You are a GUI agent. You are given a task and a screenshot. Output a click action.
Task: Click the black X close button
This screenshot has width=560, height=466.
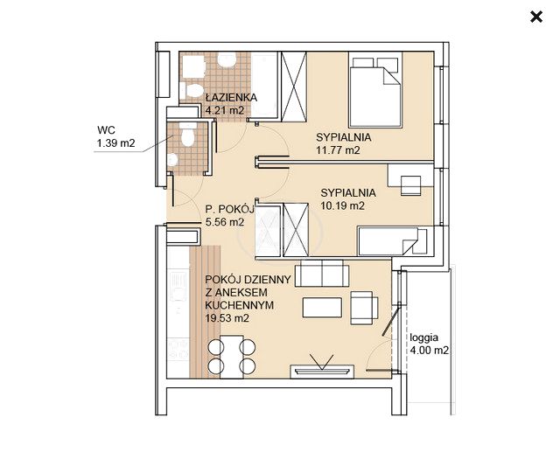536,17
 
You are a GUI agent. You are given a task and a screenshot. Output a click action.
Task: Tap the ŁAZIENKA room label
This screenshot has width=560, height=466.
231,97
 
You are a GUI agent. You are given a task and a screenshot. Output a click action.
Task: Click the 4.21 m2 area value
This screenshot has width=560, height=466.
225,110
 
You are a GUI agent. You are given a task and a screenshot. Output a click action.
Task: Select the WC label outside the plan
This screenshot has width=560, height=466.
106,130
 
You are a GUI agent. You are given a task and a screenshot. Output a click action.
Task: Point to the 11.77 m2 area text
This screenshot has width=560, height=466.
338,150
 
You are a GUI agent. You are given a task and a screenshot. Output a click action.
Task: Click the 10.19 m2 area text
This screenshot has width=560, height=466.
342,205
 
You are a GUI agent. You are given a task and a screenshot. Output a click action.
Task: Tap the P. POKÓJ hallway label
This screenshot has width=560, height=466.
229,209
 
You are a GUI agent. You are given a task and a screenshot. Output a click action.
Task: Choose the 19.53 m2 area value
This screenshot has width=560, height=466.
227,318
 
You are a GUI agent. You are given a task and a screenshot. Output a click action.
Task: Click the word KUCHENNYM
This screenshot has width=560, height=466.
239,305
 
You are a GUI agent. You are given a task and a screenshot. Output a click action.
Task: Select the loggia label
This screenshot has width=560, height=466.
423,337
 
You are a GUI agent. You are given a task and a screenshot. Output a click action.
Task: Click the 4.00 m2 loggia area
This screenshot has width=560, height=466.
429,351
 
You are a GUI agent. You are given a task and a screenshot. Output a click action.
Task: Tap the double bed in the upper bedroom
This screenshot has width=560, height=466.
375,89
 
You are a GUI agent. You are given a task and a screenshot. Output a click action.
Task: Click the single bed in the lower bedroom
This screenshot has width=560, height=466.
393,241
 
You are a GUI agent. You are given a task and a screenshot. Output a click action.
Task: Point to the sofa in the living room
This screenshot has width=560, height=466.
322,273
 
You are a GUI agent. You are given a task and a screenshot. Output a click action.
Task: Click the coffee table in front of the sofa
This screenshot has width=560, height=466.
322,307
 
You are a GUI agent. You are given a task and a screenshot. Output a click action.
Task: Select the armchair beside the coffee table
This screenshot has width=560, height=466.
364,308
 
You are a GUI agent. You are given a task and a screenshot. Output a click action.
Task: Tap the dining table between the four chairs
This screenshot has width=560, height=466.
232,357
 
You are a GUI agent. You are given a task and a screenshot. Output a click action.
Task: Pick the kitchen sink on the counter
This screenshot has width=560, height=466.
178,286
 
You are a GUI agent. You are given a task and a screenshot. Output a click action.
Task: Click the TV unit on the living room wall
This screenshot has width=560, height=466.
322,371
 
